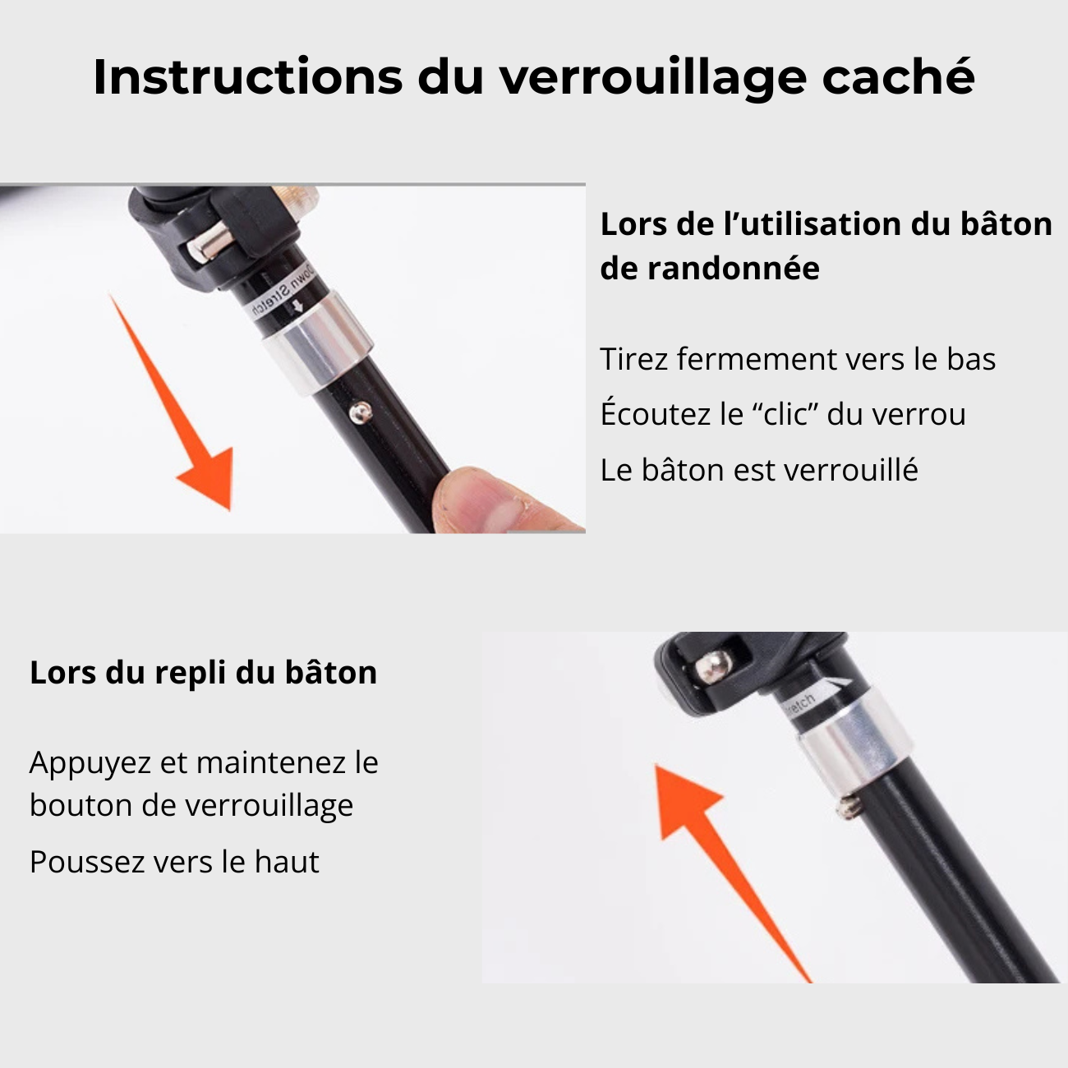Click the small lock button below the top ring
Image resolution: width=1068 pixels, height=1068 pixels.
pyautogui.click(x=359, y=410)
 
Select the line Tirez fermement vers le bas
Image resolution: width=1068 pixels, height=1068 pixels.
pyautogui.click(x=797, y=360)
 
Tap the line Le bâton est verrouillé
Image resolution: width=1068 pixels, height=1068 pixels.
pyautogui.click(x=758, y=470)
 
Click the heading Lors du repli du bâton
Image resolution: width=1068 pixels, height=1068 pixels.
pyautogui.click(x=203, y=673)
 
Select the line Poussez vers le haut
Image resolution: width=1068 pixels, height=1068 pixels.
pyautogui.click(x=174, y=862)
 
